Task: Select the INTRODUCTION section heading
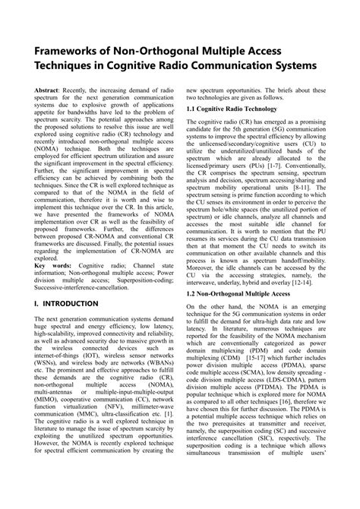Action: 71,303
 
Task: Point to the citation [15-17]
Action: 251,356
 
